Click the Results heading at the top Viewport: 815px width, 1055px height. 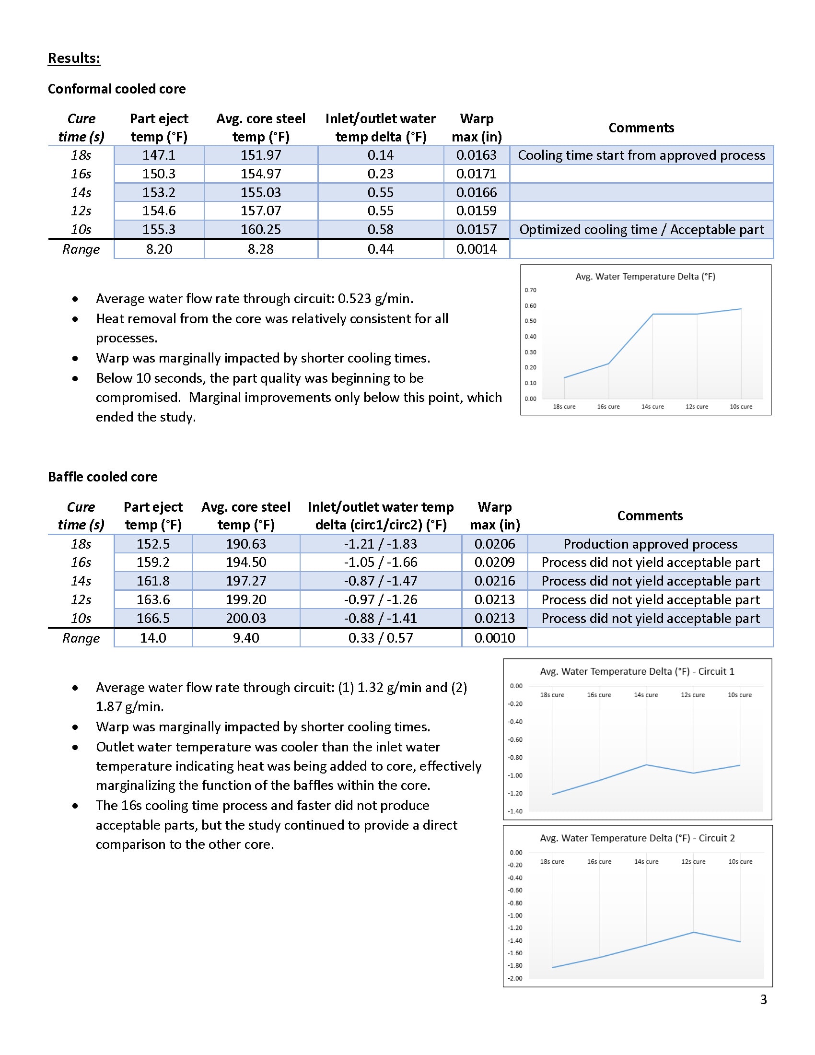coord(74,59)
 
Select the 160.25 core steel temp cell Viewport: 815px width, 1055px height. coord(261,229)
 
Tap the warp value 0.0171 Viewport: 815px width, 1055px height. coord(476,174)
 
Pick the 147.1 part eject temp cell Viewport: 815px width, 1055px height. coord(159,155)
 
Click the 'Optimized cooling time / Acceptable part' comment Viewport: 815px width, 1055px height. coord(641,229)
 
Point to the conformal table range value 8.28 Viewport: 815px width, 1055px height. coord(261,249)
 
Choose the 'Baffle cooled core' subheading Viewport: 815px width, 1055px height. coord(103,477)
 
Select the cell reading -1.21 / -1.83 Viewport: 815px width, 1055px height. coord(381,544)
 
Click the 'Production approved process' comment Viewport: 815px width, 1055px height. coord(650,544)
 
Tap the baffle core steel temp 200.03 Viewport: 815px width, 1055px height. coord(246,618)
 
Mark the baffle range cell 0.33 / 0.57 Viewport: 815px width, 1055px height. coord(381,638)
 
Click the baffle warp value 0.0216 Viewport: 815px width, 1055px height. coord(494,581)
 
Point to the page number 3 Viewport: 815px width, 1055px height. coord(763,999)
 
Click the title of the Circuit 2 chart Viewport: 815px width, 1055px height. coord(637,838)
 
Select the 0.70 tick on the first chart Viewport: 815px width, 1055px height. coord(530,290)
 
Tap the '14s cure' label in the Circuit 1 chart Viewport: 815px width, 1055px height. coord(646,695)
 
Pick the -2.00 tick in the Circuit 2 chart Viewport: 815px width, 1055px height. coord(515,978)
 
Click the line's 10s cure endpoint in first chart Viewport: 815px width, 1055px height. coord(741,309)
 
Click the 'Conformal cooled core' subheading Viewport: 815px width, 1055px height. coord(116,89)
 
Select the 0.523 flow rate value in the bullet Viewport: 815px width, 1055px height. coord(355,299)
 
